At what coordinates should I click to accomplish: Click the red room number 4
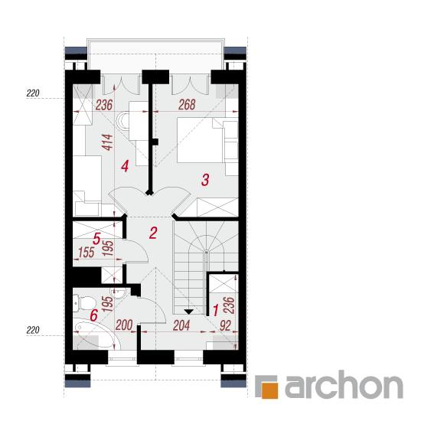click(x=125, y=166)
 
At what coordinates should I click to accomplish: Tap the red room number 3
click(x=205, y=180)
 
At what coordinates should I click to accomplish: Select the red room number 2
click(x=153, y=233)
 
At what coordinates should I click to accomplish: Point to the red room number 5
click(x=96, y=238)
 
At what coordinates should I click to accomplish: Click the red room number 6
click(x=93, y=315)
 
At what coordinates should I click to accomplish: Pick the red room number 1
click(x=216, y=310)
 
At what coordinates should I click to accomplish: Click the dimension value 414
click(x=108, y=142)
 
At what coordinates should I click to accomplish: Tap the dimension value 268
click(x=187, y=105)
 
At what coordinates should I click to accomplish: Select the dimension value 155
click(x=86, y=253)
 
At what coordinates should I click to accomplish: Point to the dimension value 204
click(x=181, y=325)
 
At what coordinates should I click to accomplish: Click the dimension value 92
click(x=225, y=325)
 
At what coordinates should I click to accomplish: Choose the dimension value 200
click(x=124, y=325)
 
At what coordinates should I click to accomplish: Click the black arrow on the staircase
click(x=189, y=312)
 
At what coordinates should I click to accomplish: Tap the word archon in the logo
click(x=344, y=385)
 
